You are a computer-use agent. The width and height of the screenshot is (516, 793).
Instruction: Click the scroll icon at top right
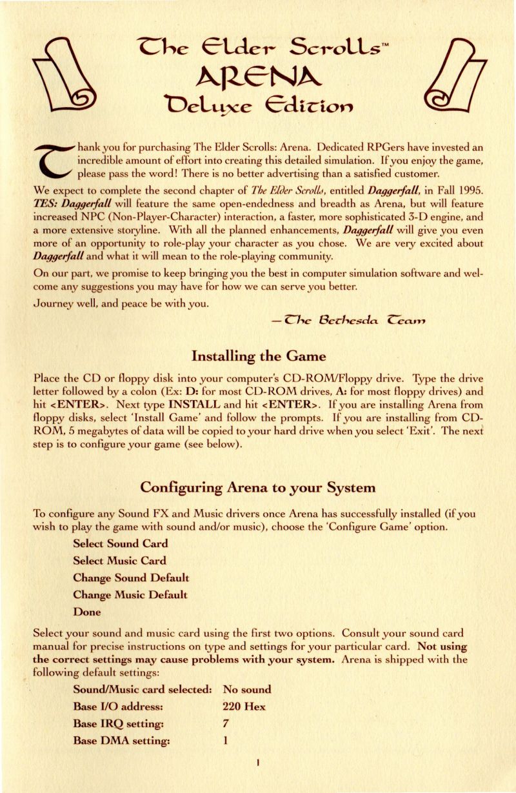point(451,73)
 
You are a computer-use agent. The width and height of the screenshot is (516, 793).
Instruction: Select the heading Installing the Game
point(258,356)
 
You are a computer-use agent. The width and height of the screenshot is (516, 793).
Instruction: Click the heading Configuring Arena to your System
point(258,487)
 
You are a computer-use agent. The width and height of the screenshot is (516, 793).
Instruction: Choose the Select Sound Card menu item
point(121,543)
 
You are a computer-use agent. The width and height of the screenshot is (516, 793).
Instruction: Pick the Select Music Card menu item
point(119,560)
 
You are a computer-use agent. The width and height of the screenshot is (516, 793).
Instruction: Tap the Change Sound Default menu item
point(131,577)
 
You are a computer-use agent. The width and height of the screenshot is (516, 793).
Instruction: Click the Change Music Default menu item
point(130,594)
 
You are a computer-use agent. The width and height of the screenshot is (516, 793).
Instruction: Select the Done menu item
point(87,611)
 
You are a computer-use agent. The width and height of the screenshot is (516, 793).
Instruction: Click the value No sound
point(246,689)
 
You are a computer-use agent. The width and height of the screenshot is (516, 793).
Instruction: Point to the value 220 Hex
point(243,707)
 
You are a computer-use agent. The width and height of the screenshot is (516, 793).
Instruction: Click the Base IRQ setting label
point(121,724)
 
